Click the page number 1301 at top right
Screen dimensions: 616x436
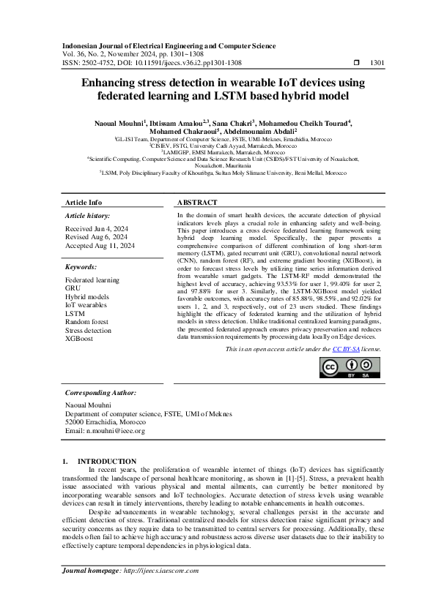(377, 63)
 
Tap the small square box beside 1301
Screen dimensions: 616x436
(356, 63)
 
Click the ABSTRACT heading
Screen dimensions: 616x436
(197, 202)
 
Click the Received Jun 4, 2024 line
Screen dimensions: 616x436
(95, 228)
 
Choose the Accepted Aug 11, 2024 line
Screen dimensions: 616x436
(100, 247)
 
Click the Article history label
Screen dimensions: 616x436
(88, 216)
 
